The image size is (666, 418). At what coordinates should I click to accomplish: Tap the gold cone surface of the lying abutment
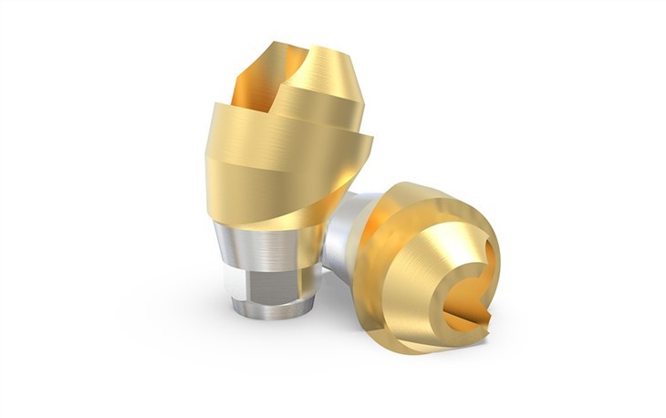(x=429, y=228)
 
